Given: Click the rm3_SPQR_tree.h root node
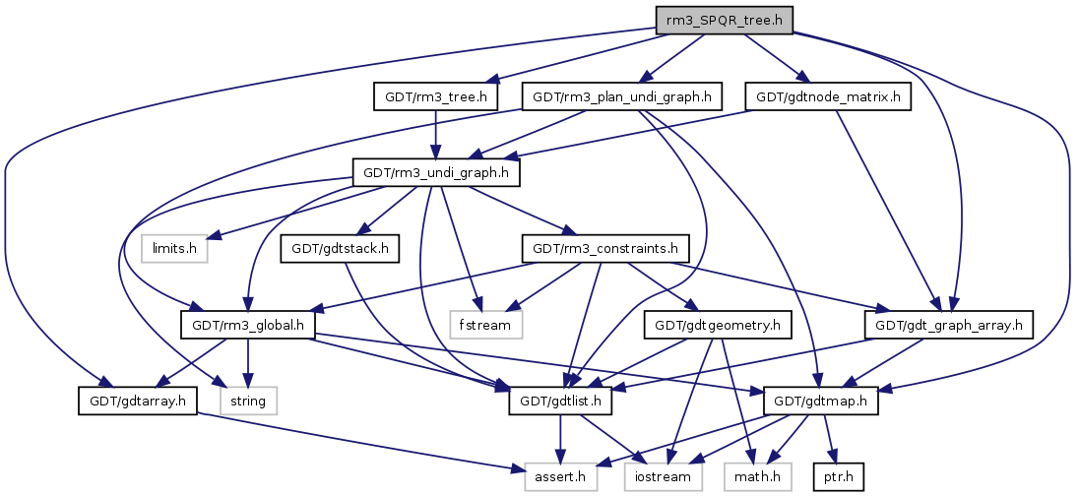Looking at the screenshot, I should [724, 19].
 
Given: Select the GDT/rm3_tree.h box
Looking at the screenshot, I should [436, 96].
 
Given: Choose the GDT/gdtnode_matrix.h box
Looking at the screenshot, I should [829, 96].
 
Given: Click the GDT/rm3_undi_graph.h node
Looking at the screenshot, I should [435, 173].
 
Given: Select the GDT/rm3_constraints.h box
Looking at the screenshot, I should [605, 249].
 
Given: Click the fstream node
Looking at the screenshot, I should [484, 322].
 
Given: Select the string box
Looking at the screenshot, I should [249, 401].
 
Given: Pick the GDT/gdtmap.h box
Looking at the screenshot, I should [813, 401].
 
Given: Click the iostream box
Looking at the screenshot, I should [664, 477].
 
